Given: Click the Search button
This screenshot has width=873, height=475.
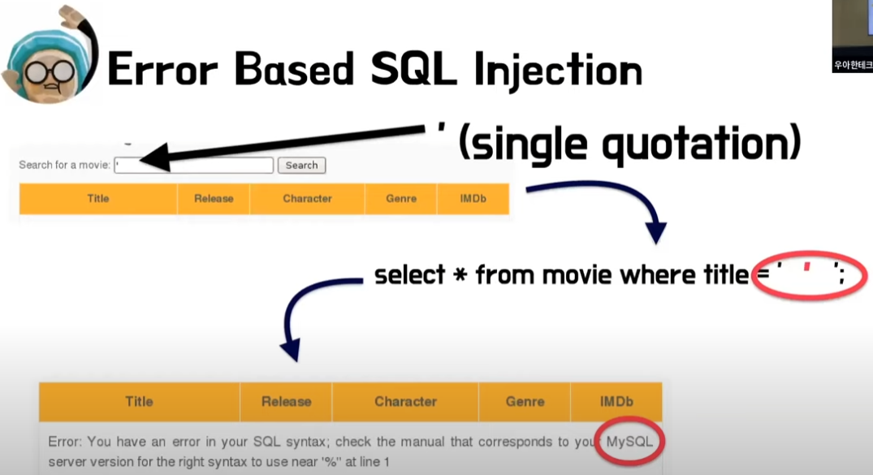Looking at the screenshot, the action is [x=301, y=166].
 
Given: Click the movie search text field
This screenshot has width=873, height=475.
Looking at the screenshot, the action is [x=194, y=166].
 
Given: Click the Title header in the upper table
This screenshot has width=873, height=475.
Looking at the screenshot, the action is [x=97, y=199].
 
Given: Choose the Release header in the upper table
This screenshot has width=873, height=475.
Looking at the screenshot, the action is [x=214, y=199].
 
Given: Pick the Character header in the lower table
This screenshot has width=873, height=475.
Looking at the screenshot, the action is [x=405, y=401].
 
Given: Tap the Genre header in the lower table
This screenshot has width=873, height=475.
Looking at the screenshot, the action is [x=525, y=401].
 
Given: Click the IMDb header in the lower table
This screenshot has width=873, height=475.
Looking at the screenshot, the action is [x=616, y=401].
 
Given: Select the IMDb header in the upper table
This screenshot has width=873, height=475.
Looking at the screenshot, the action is [x=473, y=199].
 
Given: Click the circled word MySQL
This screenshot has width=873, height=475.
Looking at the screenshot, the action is [x=629, y=443].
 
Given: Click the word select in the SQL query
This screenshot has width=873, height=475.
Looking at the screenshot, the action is [x=409, y=276].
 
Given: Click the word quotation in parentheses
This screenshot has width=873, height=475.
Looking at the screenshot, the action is [x=694, y=145].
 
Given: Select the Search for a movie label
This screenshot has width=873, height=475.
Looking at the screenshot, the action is [x=64, y=166].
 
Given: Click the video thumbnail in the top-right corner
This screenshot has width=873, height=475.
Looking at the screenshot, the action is [x=852, y=37].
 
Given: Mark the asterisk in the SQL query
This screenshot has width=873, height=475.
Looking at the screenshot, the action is [x=460, y=276].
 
